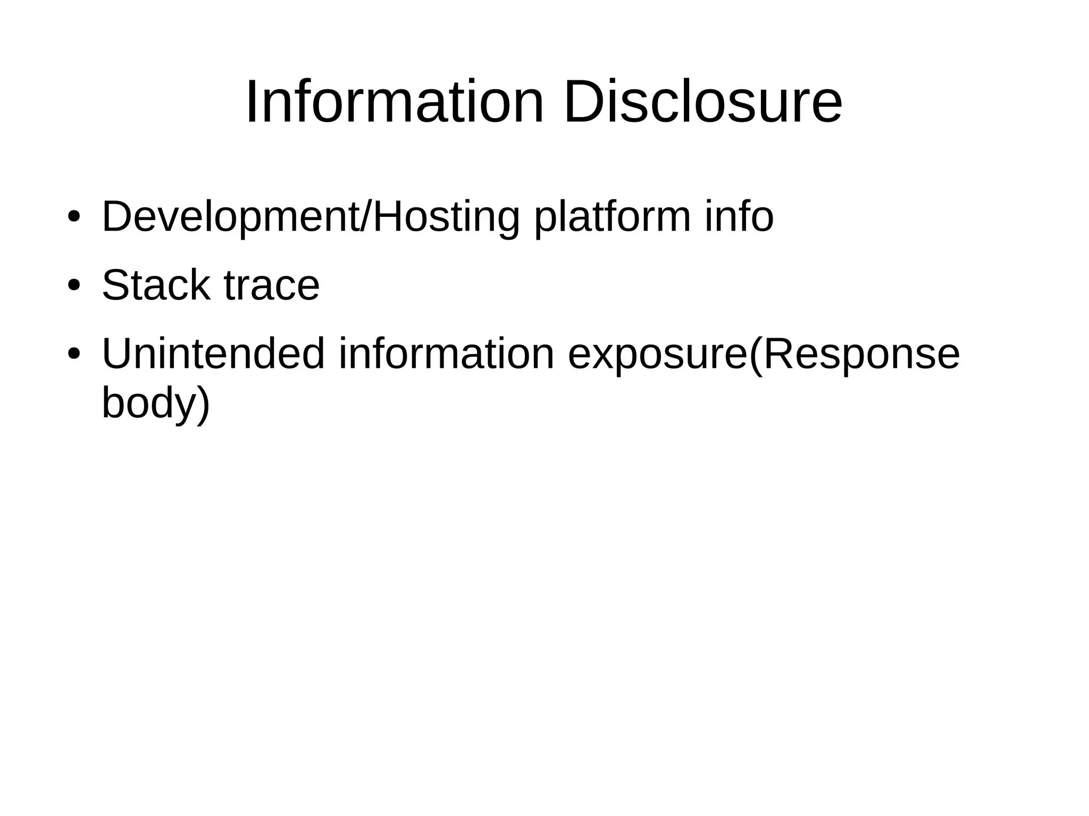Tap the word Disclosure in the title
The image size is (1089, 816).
point(702,102)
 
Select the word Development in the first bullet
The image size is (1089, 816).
point(230,217)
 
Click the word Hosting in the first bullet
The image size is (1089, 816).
point(446,217)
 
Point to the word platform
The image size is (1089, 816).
point(613,217)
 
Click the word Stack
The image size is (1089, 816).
point(156,285)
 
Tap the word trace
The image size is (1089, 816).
point(272,285)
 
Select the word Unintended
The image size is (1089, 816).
point(213,354)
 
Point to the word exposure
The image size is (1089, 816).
point(658,355)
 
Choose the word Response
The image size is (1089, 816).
point(861,354)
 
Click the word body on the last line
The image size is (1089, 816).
point(146,403)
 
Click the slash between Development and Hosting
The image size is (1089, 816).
point(366,217)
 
